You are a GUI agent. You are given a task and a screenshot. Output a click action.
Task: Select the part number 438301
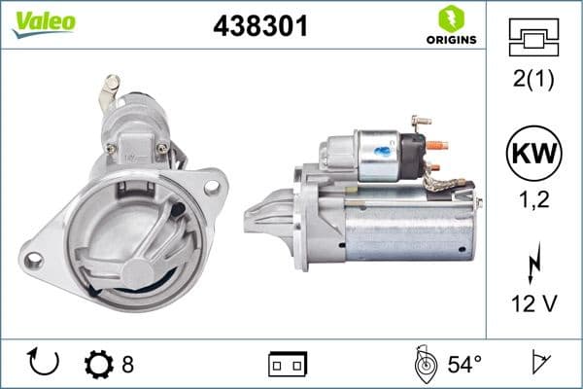coord(260,26)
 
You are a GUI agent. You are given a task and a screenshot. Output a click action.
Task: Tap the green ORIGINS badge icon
coord(449,18)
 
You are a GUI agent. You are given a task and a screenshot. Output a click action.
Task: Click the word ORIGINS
coord(449,40)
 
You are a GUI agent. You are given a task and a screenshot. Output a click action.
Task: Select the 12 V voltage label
coord(533,303)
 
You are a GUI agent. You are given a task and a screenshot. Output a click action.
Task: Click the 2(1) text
coord(533,81)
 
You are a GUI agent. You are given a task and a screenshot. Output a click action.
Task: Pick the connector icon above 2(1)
coord(533,38)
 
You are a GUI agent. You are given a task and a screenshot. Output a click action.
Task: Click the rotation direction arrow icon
coord(45,364)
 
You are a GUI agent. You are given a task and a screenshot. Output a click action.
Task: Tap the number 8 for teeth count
coord(127,365)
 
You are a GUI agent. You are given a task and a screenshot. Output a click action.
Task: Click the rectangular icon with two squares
coord(287,365)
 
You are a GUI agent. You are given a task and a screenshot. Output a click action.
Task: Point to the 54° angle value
coord(463,365)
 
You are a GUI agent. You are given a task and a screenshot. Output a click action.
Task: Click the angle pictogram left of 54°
coord(424,365)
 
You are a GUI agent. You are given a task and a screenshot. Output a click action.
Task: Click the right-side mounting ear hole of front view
coord(212,180)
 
